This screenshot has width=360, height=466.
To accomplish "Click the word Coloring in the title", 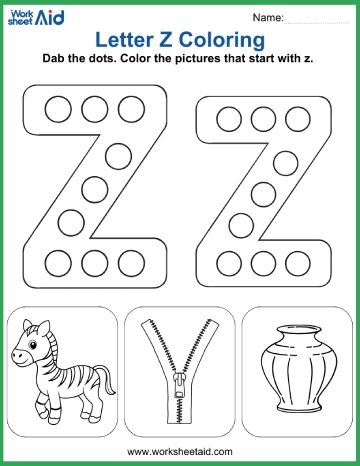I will pyautogui.click(x=226, y=39).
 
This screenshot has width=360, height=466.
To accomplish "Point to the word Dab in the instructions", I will pyautogui.click(x=56, y=60).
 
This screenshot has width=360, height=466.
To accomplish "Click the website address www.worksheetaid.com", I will pyautogui.click(x=180, y=452).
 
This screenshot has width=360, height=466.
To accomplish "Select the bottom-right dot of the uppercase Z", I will pyautogui.click(x=130, y=263).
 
